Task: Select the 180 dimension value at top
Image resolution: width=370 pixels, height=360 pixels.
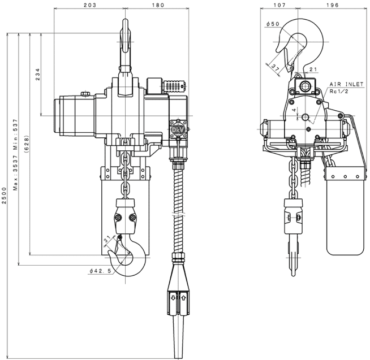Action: (x=158, y=5)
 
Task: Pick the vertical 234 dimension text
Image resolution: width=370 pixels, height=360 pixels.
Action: (x=38, y=75)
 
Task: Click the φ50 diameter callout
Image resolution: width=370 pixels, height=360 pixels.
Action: (x=273, y=24)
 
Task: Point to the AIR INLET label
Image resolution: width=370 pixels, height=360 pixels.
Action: (x=346, y=83)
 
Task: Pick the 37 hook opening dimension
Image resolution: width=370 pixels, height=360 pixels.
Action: (x=276, y=68)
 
